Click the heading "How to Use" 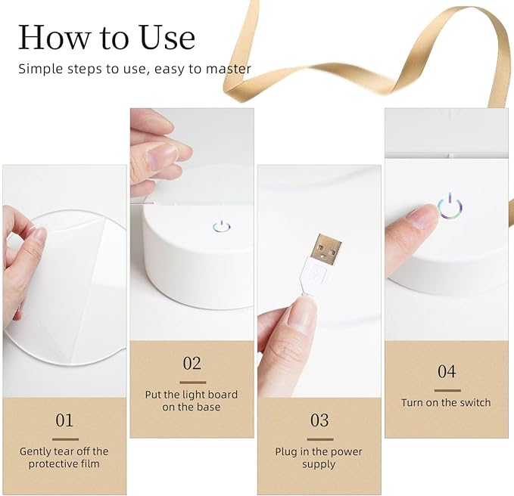(x=107, y=37)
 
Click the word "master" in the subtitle (x=228, y=69)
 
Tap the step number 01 (x=64, y=420)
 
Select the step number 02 (x=192, y=363)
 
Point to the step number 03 (x=319, y=420)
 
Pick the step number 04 (x=447, y=371)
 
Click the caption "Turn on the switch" (x=446, y=402)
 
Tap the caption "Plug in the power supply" (x=319, y=457)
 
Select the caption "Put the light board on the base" (x=192, y=401)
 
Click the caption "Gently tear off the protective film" (x=64, y=457)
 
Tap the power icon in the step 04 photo (x=450, y=206)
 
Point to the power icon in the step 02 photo (x=221, y=226)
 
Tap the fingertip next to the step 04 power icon (x=423, y=216)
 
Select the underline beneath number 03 (x=320, y=439)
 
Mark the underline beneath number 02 (x=193, y=383)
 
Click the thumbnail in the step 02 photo (x=161, y=157)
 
